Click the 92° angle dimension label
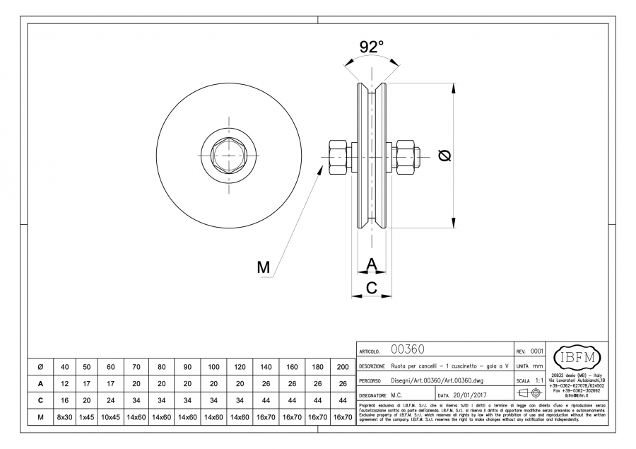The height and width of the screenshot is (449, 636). pos(372,47)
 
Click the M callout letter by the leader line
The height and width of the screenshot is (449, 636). pos(264,267)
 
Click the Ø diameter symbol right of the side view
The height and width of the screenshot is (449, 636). pos(445,156)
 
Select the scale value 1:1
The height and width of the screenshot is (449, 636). pos(538,380)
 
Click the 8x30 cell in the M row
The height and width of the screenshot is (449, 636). pos(65,418)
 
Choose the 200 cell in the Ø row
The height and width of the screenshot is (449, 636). pos(342,366)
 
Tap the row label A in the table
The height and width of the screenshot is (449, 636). pos(40,383)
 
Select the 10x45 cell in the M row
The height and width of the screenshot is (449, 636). pos(110,418)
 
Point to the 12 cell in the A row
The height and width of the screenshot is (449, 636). pos(65,383)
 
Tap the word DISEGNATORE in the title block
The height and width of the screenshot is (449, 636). pos(375,395)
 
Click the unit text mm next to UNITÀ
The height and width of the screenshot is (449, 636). pos(538,366)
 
